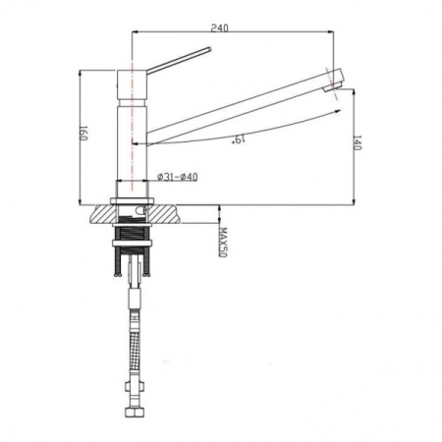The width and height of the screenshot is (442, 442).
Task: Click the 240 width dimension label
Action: point(219,28)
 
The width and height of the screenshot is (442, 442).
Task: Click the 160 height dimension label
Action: point(83,134)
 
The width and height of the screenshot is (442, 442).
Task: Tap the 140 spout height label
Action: point(358,142)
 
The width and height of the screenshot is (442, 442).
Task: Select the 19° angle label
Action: point(239,139)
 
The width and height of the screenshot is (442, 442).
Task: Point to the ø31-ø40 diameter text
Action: point(178,177)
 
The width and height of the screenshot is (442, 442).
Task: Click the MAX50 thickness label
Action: point(223,243)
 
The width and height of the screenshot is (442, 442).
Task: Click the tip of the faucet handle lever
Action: point(209,49)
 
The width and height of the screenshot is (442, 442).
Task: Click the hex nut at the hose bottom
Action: point(134,412)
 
